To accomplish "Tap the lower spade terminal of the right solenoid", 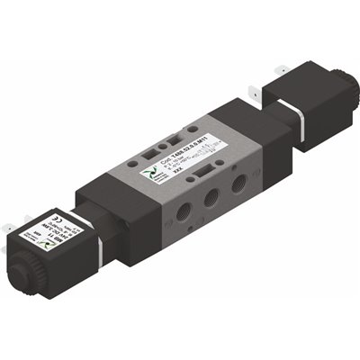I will [261, 87].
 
